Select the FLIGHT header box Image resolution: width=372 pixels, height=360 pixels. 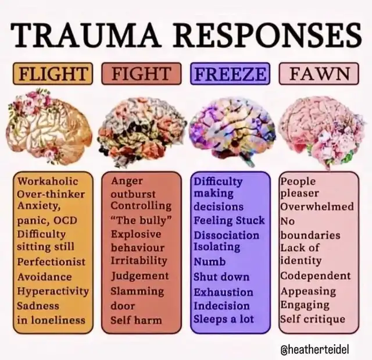(53, 74)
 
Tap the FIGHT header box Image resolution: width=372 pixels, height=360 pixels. (141, 74)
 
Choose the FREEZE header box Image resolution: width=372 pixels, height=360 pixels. (230, 74)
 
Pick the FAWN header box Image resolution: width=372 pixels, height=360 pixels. (319, 74)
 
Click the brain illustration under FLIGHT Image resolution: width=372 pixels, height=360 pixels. (51, 128)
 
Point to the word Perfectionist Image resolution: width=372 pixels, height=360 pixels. (51, 262)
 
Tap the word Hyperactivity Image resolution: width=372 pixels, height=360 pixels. (53, 291)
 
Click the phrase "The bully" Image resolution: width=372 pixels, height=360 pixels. (137, 220)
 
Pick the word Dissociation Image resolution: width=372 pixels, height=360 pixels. (227, 235)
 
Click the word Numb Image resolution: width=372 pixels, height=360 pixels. (210, 262)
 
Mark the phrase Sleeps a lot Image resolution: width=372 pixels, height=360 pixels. (224, 319)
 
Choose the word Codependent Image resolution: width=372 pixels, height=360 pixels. (316, 276)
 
